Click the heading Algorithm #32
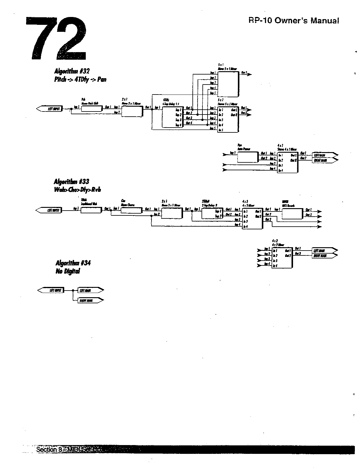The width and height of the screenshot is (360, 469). pyautogui.click(x=72, y=71)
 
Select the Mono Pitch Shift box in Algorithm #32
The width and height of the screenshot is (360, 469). pyautogui.click(x=92, y=109)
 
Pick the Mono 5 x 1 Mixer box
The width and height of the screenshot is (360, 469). pyautogui.click(x=228, y=83)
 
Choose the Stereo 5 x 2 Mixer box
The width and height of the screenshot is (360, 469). pyautogui.click(x=228, y=119)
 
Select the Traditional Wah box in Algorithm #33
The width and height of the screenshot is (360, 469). pyautogui.click(x=91, y=210)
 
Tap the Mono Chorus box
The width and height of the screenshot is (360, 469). pyautogui.click(x=131, y=210)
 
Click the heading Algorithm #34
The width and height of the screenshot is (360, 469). pyautogui.click(x=73, y=263)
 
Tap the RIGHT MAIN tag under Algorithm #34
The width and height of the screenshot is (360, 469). pyautogui.click(x=90, y=300)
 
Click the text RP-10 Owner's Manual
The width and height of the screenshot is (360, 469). pyautogui.click(x=293, y=21)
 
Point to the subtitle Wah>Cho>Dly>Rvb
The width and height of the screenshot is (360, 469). pyautogui.click(x=77, y=190)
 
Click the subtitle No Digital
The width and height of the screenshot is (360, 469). pyautogui.click(x=68, y=271)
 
